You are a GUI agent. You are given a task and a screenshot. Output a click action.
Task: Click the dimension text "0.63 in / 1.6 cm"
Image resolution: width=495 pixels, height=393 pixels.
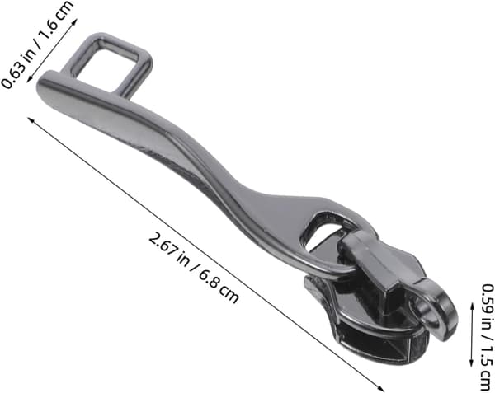37,44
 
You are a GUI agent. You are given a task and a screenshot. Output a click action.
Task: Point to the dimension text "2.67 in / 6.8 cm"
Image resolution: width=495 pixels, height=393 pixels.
194,267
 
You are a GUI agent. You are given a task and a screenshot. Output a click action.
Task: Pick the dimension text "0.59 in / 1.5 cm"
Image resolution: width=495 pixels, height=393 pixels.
487,338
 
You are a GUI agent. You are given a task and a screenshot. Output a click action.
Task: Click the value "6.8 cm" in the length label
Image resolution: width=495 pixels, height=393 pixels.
219,287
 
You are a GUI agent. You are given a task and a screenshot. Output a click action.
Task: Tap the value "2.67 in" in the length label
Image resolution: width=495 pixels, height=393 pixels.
168,248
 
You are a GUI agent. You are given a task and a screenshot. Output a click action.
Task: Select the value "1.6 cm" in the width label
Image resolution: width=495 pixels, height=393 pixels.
57,20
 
